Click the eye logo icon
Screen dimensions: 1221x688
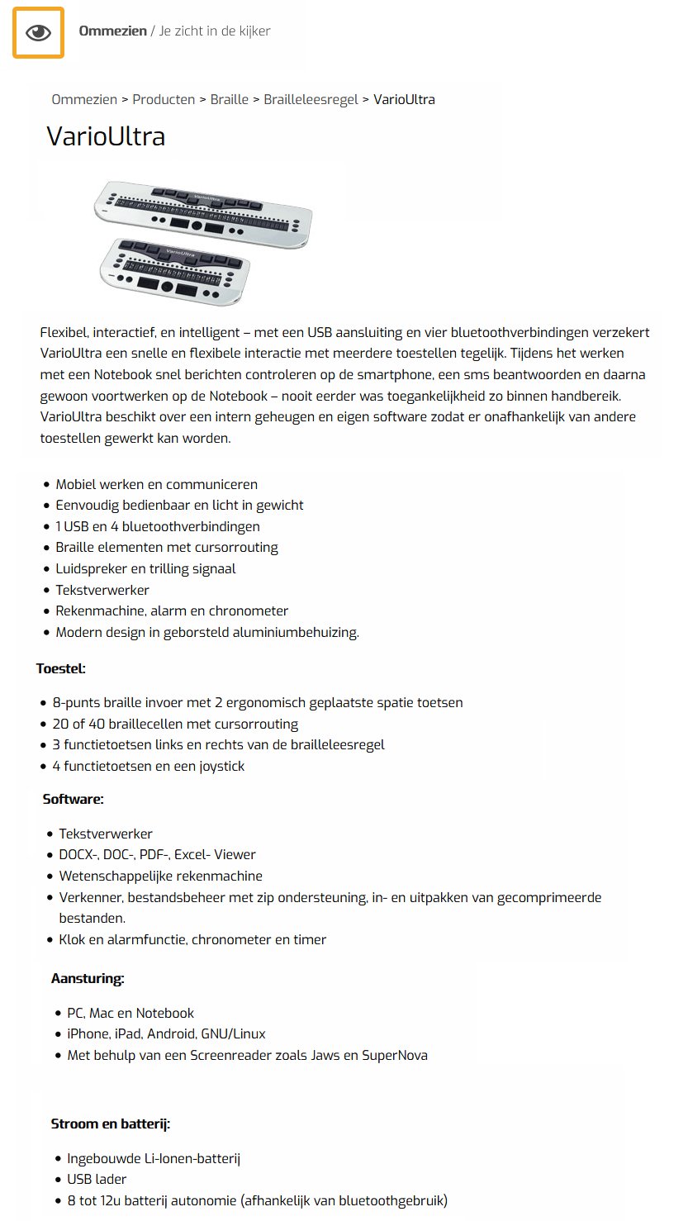[x=38, y=33]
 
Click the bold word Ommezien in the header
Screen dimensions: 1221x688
[x=112, y=31]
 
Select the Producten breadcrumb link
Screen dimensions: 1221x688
[x=164, y=100]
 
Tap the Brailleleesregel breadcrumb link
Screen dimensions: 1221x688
[x=311, y=100]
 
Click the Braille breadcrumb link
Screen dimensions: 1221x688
[x=230, y=100]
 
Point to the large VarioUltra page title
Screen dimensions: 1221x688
[x=106, y=136]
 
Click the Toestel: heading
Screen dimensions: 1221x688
[x=61, y=668]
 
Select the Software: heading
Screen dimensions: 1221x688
[x=73, y=799]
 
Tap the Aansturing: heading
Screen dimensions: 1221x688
[x=88, y=979]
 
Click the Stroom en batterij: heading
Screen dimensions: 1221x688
[x=111, y=1124]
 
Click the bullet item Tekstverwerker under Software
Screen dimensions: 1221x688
[x=106, y=834]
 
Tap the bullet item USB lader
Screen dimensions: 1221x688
[x=97, y=1180]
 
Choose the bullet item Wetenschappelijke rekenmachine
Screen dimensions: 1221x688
[x=161, y=877]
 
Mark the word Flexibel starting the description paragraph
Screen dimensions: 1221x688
[x=64, y=333]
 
